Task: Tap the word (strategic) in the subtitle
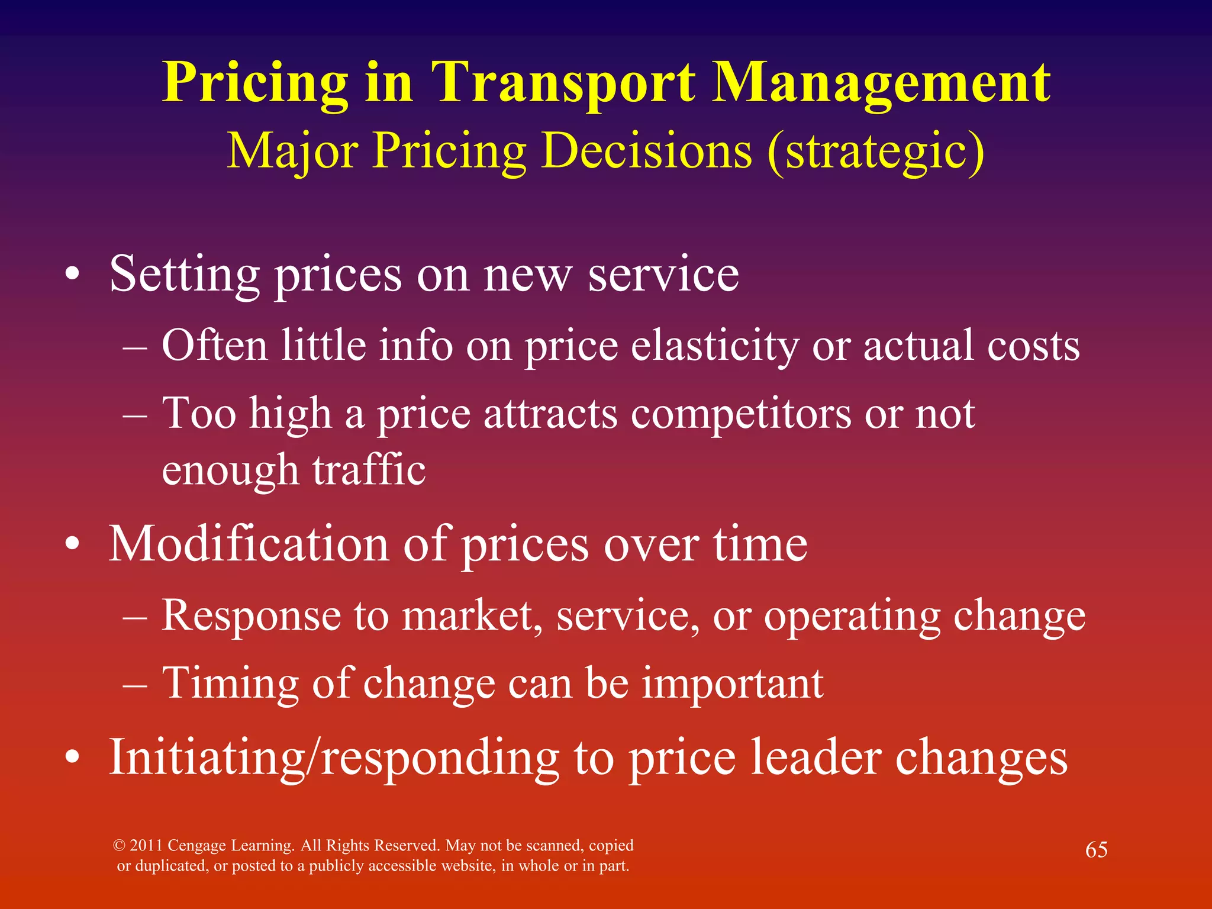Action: point(876,151)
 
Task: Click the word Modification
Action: point(249,544)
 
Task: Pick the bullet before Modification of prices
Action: point(72,544)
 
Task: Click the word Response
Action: point(251,616)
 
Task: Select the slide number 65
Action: point(1096,850)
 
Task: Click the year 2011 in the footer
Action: point(146,845)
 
